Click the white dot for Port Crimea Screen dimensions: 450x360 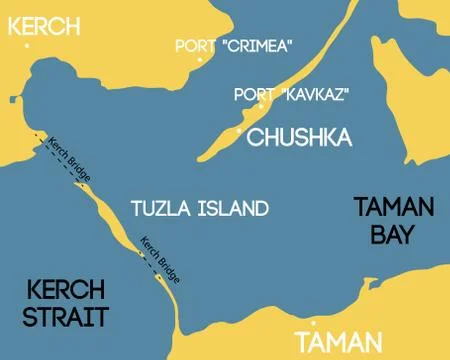[x=200, y=60]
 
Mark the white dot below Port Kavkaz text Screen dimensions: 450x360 [x=261, y=106]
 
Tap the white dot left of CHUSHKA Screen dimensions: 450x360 [x=238, y=131]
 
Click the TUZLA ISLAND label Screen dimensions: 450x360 [x=200, y=209]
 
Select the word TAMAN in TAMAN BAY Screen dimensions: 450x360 [x=395, y=208]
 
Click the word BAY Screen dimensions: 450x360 [x=395, y=236]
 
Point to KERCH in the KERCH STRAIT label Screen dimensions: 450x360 [x=66, y=291]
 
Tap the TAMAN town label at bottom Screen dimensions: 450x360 [x=339, y=342]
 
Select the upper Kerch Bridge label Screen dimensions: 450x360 [x=70, y=159]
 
